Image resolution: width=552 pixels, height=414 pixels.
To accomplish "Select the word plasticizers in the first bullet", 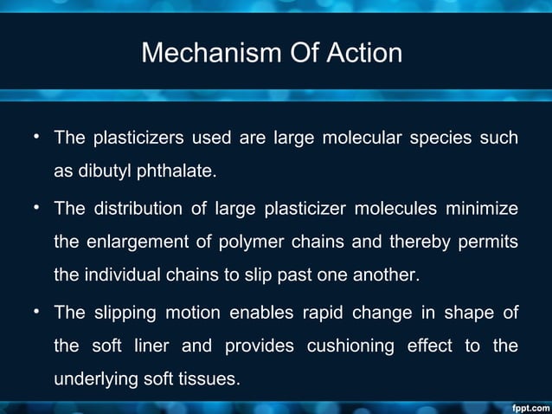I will click(x=137, y=139).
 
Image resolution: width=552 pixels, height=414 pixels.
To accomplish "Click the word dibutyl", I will click(x=103, y=171).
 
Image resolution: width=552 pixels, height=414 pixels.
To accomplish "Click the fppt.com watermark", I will click(x=527, y=406).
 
